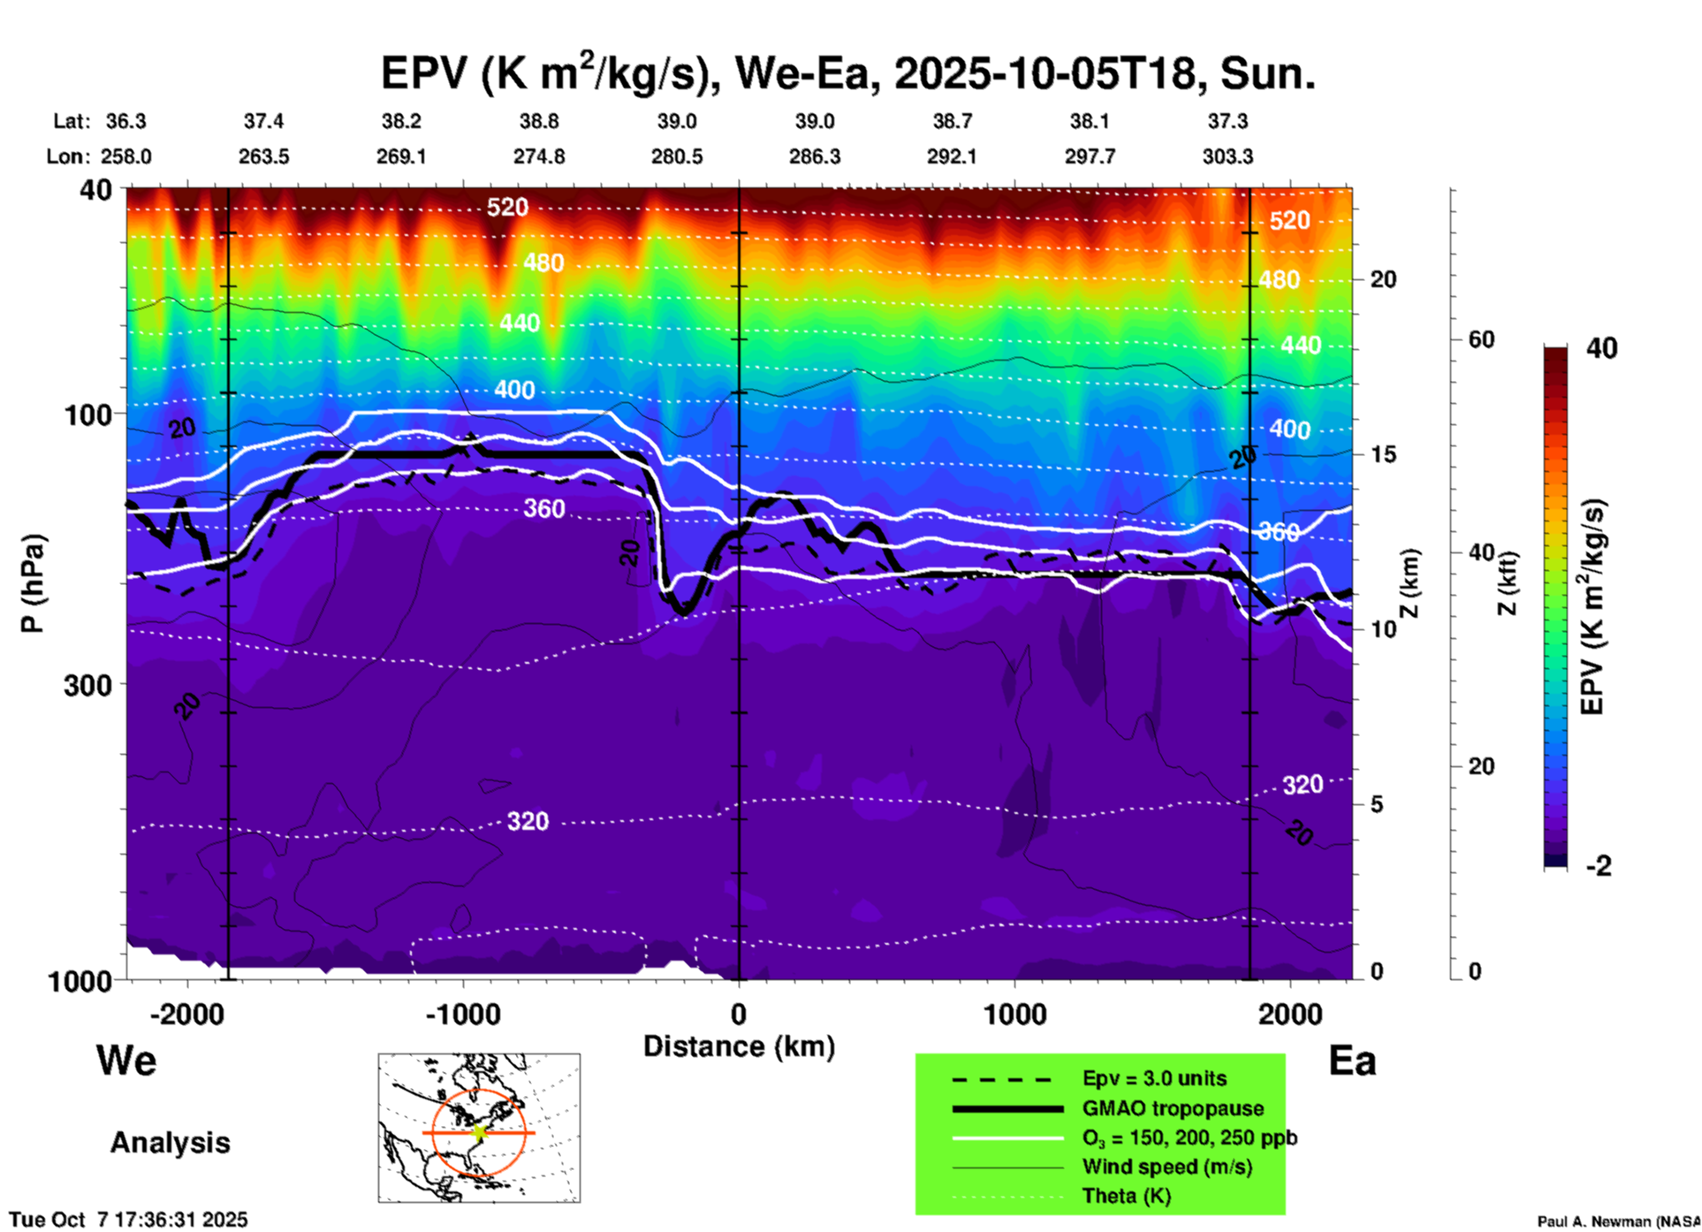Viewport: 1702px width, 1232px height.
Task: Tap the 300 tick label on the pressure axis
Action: point(88,684)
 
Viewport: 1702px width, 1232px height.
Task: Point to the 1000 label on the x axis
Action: point(1014,1014)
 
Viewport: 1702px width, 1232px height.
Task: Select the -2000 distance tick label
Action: point(187,1014)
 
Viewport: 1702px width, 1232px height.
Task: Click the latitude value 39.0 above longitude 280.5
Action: point(677,121)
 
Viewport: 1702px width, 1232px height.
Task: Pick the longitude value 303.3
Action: point(1227,156)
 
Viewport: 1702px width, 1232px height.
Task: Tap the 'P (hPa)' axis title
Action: point(32,583)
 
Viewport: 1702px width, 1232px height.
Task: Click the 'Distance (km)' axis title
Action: point(739,1046)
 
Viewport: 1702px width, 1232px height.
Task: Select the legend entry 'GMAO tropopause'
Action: point(1173,1108)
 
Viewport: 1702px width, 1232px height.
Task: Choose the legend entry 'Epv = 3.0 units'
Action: point(1154,1079)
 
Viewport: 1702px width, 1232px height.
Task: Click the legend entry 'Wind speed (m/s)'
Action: point(1166,1167)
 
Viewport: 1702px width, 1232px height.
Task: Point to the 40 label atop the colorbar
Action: point(1601,348)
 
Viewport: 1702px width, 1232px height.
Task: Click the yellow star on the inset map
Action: point(479,1132)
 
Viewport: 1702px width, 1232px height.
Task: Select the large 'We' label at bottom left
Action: point(126,1060)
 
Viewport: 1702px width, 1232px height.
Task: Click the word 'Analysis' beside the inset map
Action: point(170,1143)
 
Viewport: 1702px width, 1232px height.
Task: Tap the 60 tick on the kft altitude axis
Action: point(1481,339)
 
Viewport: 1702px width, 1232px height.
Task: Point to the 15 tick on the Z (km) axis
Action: point(1383,454)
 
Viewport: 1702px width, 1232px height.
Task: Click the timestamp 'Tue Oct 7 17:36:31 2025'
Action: point(129,1220)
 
